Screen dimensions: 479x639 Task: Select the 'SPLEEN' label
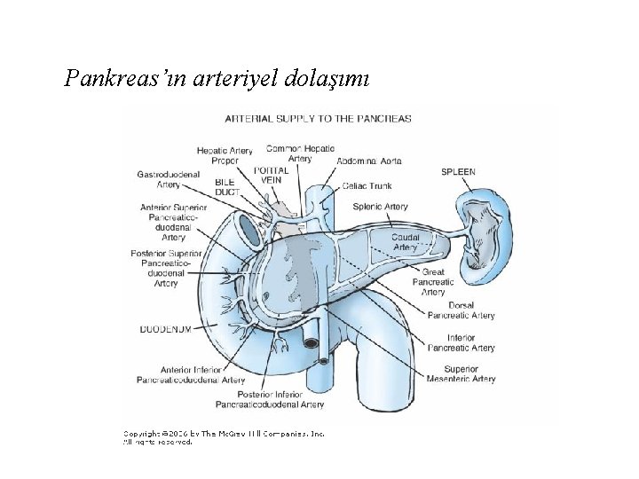(458, 171)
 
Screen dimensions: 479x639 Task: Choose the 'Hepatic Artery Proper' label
(225, 156)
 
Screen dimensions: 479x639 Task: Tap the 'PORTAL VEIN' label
(270, 174)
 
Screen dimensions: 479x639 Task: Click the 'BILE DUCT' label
(228, 186)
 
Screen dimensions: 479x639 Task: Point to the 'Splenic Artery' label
(380, 207)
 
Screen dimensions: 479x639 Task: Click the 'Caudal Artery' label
(406, 242)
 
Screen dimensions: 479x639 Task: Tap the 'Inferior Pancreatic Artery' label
(461, 342)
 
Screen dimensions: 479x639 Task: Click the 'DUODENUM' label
(166, 328)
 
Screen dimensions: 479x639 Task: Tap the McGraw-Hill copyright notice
(224, 437)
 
